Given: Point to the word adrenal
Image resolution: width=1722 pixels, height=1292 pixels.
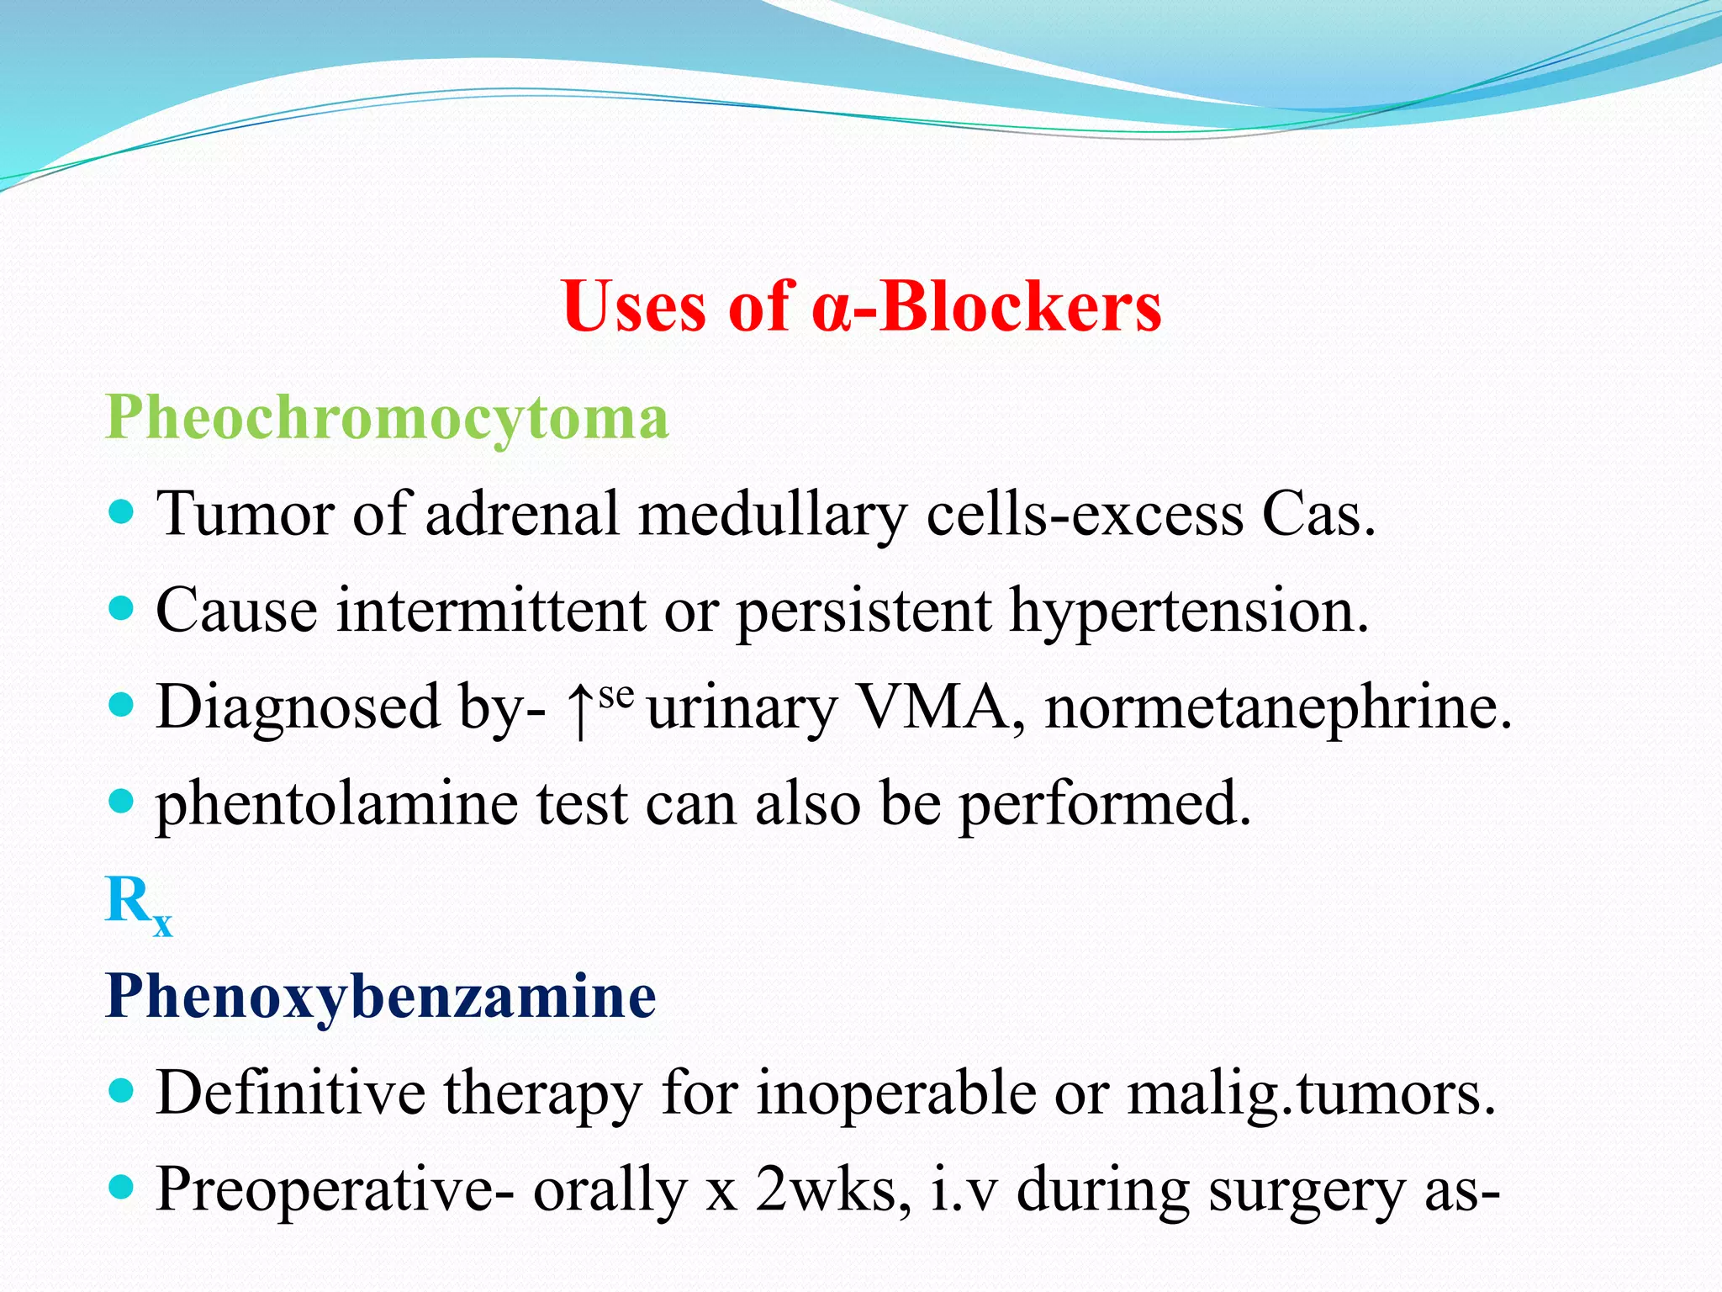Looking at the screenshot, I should (x=522, y=513).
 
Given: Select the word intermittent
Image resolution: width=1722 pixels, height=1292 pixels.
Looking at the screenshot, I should (x=491, y=610).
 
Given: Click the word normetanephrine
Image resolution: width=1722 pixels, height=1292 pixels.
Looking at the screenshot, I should (x=1277, y=708).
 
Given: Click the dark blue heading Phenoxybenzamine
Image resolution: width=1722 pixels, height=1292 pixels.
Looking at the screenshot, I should (x=380, y=997).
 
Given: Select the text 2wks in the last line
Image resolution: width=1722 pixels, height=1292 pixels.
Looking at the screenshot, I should (x=832, y=1189).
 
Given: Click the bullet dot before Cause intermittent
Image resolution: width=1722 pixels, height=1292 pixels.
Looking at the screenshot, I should (x=122, y=607).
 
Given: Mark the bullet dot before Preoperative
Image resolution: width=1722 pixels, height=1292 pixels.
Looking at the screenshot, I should (x=122, y=1187).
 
